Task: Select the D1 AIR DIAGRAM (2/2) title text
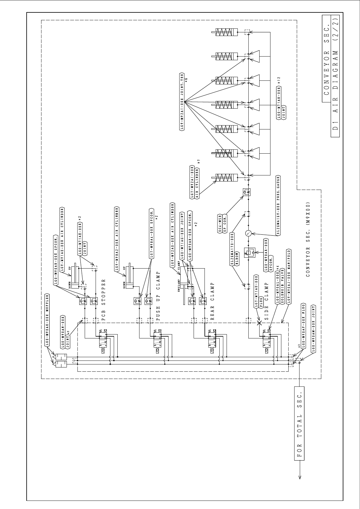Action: coord(335,76)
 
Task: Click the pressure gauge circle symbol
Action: coord(248,233)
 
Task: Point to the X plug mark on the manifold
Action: coord(259,323)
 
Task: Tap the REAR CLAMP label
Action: coord(212,301)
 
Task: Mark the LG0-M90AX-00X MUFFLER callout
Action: coord(47,319)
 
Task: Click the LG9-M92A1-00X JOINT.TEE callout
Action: coord(183,101)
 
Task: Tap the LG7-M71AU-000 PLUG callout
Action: coord(257,292)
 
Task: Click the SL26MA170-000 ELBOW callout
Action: coord(234,249)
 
